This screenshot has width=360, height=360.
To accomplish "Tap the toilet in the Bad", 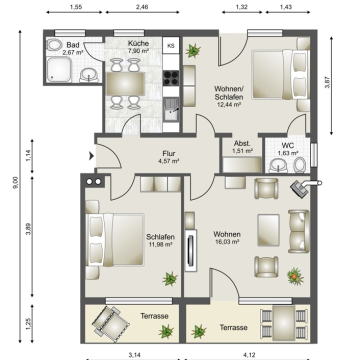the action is pos(54,45).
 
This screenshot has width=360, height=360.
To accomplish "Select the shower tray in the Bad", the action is pos(59,69).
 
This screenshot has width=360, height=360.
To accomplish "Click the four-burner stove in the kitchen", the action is pos(171,78).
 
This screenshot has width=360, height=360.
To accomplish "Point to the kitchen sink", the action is pos(171,109).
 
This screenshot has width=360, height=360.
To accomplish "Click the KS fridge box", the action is pos(171,46).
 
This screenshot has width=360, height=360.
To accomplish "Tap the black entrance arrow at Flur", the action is pos(91,156).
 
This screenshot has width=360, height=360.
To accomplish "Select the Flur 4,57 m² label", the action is pos(169,157).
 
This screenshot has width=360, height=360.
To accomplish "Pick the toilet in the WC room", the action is pos(300,165).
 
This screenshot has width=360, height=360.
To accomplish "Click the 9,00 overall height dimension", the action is pos(15,183).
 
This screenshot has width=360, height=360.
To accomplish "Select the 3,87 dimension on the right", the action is pos(327,82).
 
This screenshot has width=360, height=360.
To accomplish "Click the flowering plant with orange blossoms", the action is pos(295,276).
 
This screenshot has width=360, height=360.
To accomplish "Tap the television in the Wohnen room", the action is pos(191,251).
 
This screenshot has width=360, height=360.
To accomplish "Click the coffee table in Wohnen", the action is pos(269,230).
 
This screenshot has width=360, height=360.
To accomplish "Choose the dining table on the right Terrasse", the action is pos(284,323).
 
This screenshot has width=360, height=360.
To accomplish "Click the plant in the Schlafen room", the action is pos(170,279).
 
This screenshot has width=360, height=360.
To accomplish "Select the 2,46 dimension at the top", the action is pos(143,6).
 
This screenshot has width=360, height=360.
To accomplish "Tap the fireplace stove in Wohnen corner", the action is pos(301,189).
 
